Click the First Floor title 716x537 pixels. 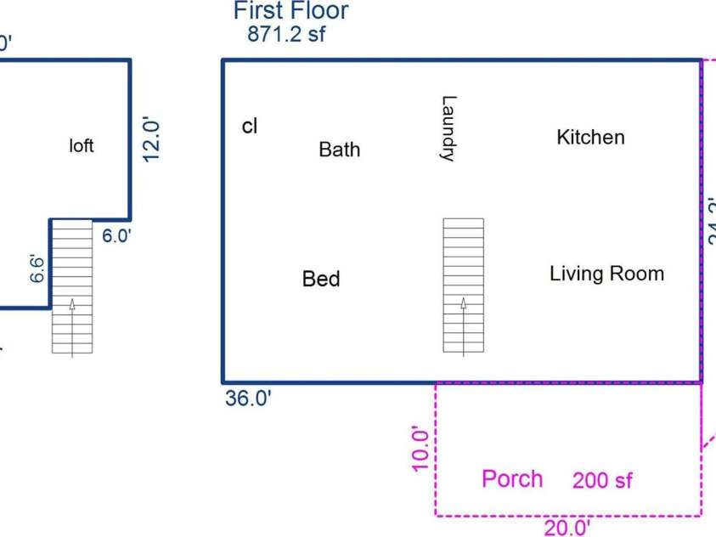pos(290,11)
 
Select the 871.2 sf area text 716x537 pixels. pos(286,34)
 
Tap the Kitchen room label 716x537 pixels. pos(590,137)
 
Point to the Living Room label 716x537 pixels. pos(606,274)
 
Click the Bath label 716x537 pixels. pos(339,150)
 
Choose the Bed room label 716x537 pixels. pos(321,279)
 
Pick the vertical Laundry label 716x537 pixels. pos(449,128)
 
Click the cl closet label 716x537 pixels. pos(249,127)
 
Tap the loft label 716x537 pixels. pos(82,146)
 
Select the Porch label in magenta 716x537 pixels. pos(512,478)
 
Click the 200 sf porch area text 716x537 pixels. pos(602,481)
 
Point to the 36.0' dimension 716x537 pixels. pos(249,399)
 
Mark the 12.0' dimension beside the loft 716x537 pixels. pos(151,139)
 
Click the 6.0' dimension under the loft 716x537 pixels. pos(117,237)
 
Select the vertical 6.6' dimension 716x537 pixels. pos(38,266)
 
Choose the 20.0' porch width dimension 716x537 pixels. pos(567,528)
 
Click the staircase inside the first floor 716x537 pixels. pos(463,285)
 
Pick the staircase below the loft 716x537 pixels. pos(71,285)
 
